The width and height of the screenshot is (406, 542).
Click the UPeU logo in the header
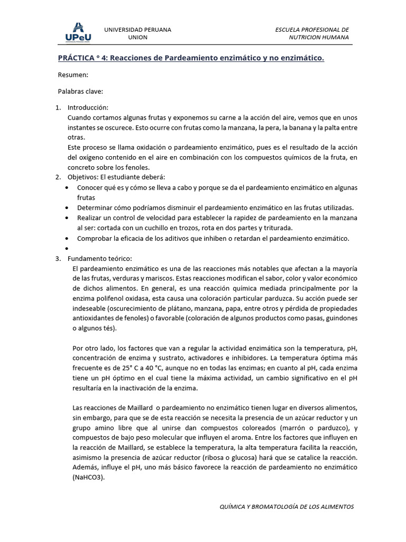coord(77,32)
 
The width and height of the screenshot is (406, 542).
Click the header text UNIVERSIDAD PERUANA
coord(137,29)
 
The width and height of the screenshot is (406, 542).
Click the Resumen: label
coord(73,75)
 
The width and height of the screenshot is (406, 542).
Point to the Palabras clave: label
coord(80,91)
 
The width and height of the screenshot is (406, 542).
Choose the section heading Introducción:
coord(88,107)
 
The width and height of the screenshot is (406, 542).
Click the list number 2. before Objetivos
coord(59,176)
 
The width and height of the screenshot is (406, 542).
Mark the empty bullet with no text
coord(66,248)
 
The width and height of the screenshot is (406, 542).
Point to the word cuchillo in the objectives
coord(173,228)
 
